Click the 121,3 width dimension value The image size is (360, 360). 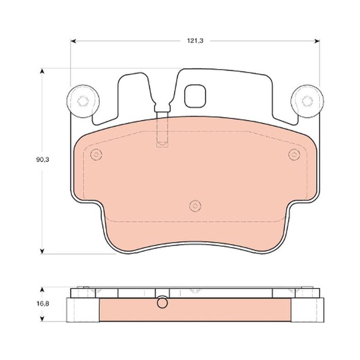tap(195, 41)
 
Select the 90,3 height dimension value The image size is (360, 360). tap(42, 160)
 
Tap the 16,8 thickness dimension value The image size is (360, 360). tap(42, 303)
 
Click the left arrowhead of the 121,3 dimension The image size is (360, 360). tap(73, 41)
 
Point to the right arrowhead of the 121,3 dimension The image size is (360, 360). tap(317, 41)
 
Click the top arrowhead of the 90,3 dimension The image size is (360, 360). tap(42, 71)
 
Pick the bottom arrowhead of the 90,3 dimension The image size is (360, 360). tap(42, 251)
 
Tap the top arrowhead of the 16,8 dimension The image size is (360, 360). tap(42, 289)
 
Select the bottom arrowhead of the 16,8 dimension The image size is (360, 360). tap(42, 319)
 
